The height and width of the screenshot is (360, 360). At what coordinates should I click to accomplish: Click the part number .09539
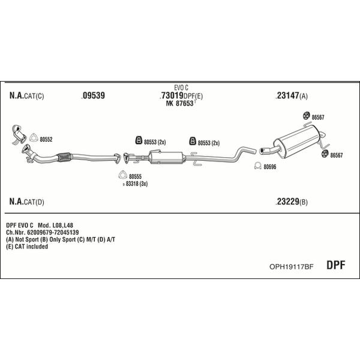click(93, 95)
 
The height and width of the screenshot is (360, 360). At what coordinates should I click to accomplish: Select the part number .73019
click(171, 95)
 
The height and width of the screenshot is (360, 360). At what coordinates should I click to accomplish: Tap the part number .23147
click(287, 95)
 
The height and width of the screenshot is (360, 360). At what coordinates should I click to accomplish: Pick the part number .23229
click(287, 202)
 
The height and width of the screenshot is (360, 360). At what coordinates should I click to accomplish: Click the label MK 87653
click(180, 104)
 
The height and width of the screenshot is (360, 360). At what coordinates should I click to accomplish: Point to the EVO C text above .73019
click(181, 88)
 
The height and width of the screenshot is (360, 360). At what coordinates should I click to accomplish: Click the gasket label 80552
click(46, 139)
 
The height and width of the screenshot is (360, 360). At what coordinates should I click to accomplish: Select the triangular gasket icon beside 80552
click(34, 137)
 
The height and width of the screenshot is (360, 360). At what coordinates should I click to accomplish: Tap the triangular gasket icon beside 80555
click(123, 175)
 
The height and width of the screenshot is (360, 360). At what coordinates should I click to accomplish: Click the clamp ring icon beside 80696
click(258, 166)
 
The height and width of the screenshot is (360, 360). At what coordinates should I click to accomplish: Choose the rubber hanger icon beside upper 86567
click(306, 116)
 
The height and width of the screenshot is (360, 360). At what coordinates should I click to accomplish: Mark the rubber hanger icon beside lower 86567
click(325, 154)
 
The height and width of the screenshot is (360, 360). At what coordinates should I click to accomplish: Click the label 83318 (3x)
click(137, 184)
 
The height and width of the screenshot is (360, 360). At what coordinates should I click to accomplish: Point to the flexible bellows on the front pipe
click(65, 157)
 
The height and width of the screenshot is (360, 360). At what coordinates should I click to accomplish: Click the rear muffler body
click(296, 142)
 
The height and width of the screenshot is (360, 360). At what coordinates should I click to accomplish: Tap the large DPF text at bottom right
click(335, 265)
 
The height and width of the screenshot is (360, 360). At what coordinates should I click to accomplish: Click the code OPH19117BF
click(291, 266)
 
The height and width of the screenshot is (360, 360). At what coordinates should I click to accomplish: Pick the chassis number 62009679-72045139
click(53, 232)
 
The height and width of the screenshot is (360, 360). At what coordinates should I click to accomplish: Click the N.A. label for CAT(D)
click(16, 202)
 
